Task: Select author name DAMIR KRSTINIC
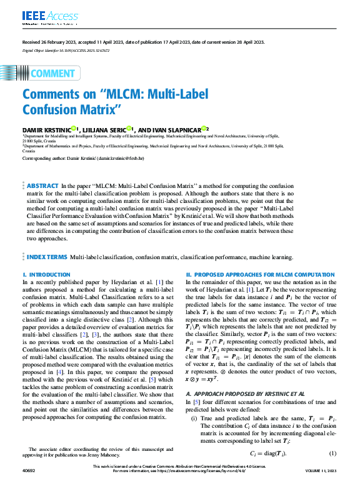(x=46, y=129)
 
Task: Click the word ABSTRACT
(x=43, y=186)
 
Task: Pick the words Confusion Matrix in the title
(x=80, y=111)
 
